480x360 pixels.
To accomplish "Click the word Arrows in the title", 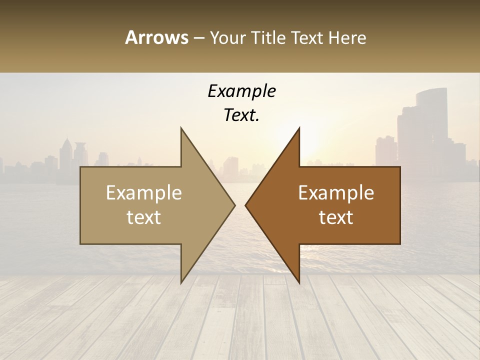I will (156, 37).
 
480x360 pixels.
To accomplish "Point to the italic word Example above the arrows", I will (241, 91).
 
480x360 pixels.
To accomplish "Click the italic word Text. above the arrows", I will (241, 115).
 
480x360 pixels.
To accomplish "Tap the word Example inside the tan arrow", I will (144, 193).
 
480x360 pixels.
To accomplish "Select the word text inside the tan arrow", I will (144, 217).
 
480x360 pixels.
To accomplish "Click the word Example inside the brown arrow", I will (336, 193).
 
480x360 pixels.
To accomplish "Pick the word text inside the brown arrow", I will (336, 217).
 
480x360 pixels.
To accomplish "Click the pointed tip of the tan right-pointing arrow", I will (234, 205).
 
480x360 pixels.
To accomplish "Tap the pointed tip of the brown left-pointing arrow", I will (245, 205).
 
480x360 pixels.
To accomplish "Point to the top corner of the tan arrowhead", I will (181, 128).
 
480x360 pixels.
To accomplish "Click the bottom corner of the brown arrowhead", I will (299, 282).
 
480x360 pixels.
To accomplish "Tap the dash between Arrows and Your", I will (198, 38).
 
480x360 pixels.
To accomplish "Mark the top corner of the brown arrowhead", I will (299, 128).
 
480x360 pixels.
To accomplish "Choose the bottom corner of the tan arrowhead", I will (181, 282).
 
